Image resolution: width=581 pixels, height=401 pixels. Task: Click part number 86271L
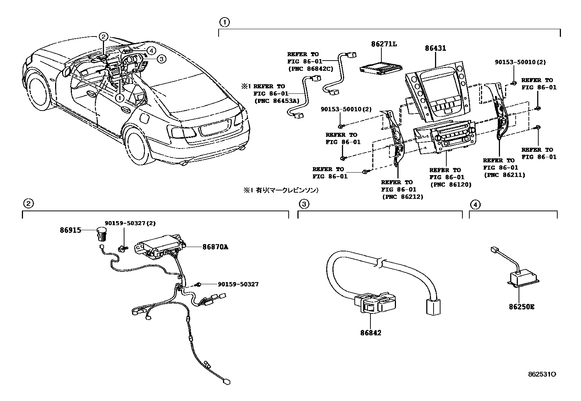point(384,44)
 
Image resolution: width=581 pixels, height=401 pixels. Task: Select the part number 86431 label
point(435,48)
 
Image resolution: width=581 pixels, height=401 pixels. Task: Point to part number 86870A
point(215,247)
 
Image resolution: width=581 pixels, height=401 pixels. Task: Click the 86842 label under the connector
point(371,333)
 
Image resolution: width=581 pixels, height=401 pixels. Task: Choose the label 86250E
point(522,307)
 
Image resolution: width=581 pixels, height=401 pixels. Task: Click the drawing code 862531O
point(542,374)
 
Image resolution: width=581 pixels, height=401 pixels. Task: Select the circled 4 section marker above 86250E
point(474,205)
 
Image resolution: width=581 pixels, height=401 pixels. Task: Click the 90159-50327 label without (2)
point(238,284)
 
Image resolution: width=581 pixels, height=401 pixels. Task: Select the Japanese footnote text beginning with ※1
point(281,190)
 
